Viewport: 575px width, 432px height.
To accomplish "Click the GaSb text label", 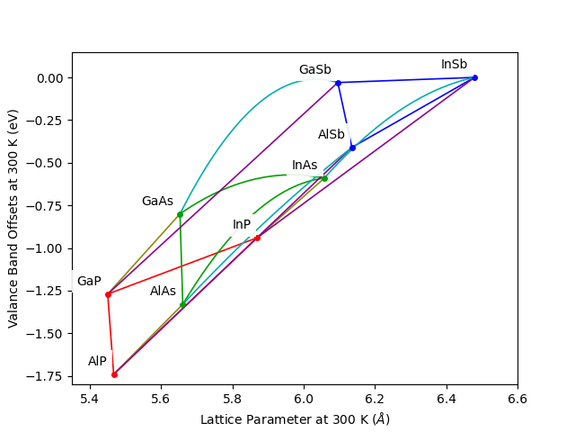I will tap(314, 70).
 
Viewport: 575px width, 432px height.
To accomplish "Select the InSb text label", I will tap(454, 65).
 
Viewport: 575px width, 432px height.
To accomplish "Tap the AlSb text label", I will tap(331, 135).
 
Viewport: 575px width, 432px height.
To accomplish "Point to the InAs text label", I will tap(305, 166).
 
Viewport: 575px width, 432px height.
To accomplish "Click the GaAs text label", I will tap(157, 202).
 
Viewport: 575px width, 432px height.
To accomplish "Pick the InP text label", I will tap(242, 225).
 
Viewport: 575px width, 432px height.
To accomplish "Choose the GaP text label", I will tap(89, 282).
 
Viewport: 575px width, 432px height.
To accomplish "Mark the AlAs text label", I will tap(163, 292).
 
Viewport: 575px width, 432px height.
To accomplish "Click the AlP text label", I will tap(97, 362).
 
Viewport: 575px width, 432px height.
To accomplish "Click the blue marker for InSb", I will tap(475, 77).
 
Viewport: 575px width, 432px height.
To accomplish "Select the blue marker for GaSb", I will tap(338, 83).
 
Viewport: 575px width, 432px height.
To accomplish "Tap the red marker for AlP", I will tap(114, 374).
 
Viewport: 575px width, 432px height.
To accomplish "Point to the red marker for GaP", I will tap(108, 294).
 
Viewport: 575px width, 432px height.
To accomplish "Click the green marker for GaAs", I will tap(180, 214).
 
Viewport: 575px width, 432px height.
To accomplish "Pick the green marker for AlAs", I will tap(182, 305).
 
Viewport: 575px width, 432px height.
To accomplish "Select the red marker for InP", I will tap(258, 238).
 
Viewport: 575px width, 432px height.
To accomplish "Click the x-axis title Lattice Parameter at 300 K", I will tap(295, 419).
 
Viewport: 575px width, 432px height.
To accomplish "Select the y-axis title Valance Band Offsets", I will tap(13, 219).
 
